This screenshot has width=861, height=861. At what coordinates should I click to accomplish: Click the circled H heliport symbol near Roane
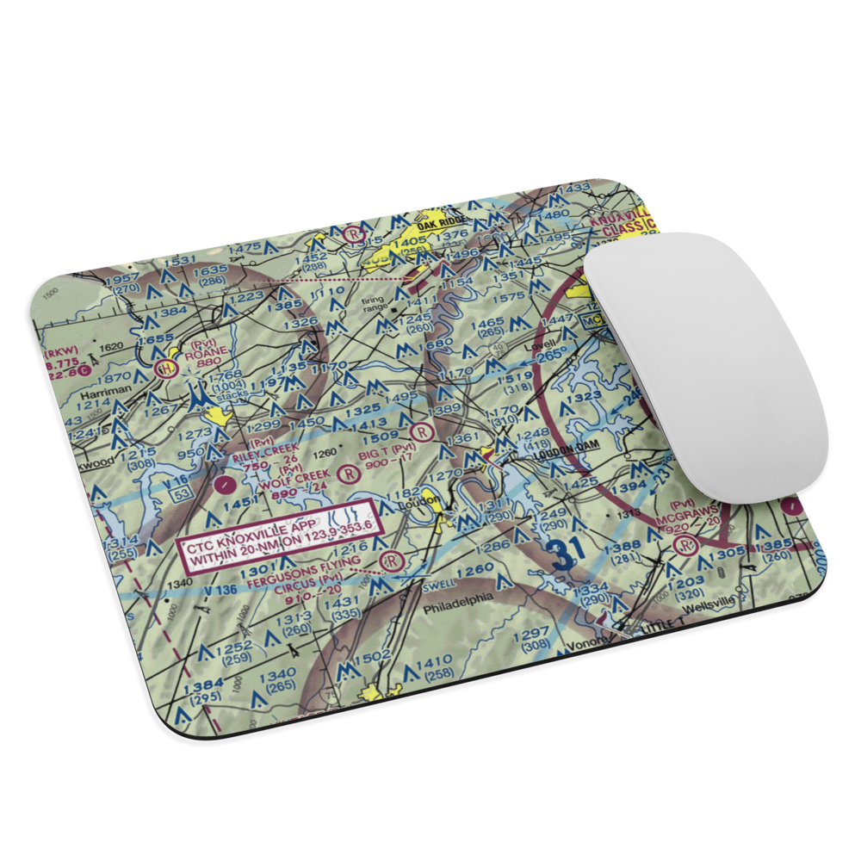pyautogui.click(x=165, y=369)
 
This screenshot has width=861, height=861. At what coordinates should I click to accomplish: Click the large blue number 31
pyautogui.click(x=565, y=551)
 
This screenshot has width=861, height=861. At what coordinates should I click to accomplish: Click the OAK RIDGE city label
pyautogui.click(x=440, y=221)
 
